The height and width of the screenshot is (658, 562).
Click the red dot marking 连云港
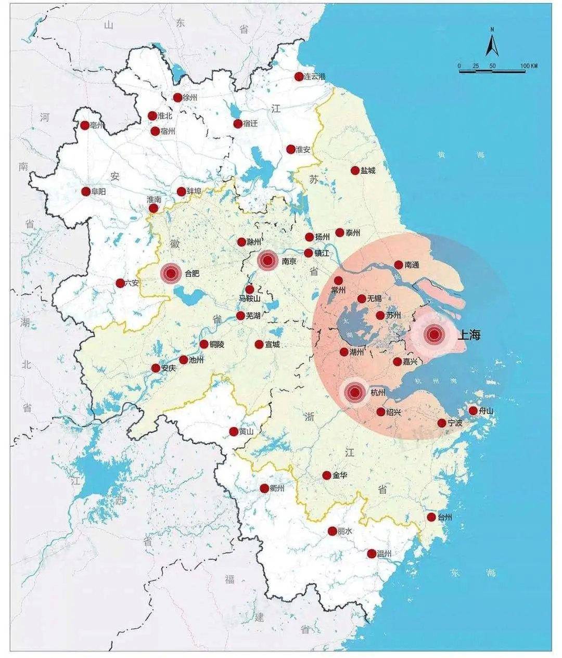[x=299, y=76]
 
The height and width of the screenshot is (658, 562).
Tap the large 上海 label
[x=468, y=335]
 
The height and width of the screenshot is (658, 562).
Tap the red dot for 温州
[x=372, y=553]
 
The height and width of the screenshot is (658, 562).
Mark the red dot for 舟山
[x=473, y=410]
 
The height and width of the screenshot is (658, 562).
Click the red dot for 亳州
[x=85, y=125]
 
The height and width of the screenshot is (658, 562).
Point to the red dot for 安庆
[x=156, y=368]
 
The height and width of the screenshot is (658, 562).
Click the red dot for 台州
[x=431, y=517]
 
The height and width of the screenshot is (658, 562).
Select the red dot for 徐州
[x=177, y=97]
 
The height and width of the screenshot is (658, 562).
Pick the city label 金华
[x=340, y=475]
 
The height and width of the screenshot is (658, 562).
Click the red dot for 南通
[x=399, y=265]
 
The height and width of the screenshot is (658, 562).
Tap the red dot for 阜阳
[x=86, y=191]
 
